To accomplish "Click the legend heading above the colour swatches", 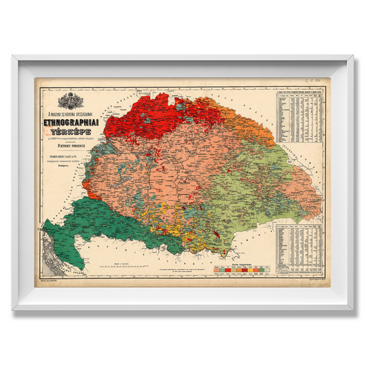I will tap(236, 255).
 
